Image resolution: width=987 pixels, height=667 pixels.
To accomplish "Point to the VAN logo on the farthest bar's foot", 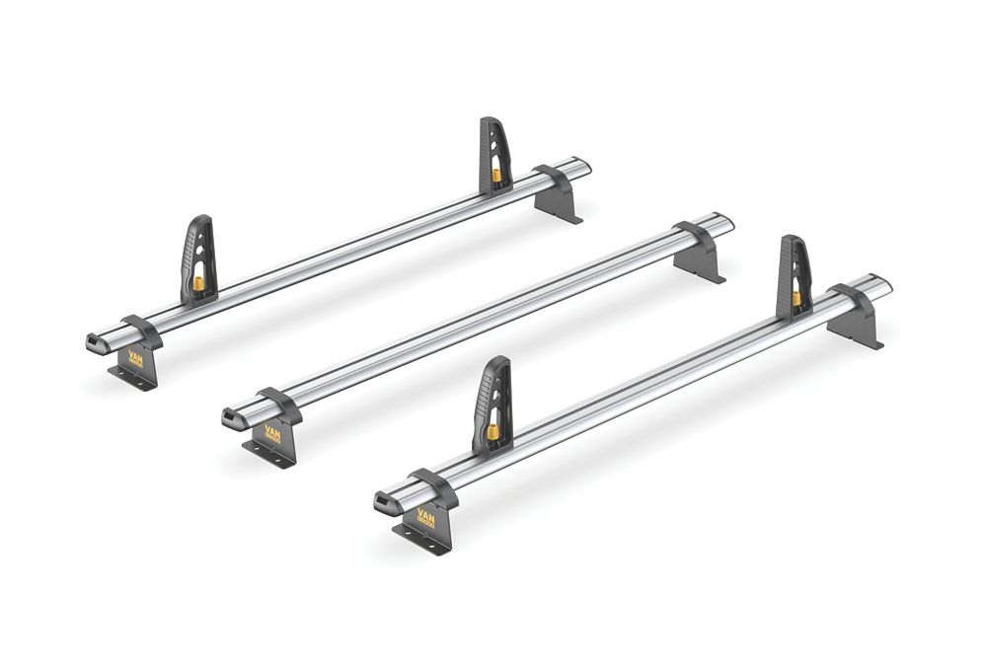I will [x=135, y=357].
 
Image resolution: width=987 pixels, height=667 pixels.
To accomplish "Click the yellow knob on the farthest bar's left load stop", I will [x=198, y=285].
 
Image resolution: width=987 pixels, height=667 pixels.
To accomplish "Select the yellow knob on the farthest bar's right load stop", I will [x=495, y=176].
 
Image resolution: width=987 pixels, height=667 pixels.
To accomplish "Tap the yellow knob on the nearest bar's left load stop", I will [x=492, y=432].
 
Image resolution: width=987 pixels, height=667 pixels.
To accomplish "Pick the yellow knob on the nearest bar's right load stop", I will [x=797, y=297].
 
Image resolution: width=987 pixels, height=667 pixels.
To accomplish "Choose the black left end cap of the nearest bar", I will [x=383, y=501].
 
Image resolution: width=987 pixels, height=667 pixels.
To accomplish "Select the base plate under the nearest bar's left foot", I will [x=419, y=541].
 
